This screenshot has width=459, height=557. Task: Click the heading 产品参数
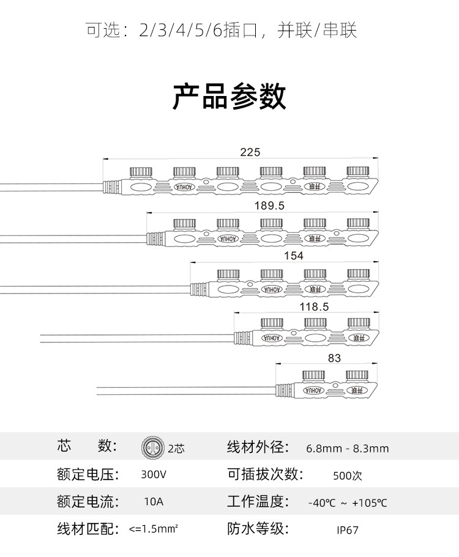point(229,97)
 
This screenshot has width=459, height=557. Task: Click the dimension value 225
point(250,153)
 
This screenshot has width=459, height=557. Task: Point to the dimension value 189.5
point(269,206)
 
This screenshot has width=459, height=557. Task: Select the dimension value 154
point(294,256)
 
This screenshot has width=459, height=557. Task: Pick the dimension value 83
point(334,358)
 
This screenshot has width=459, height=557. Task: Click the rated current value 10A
point(154,503)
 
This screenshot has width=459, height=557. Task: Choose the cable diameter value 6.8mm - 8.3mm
point(347,448)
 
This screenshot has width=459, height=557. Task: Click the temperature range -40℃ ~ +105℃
point(347,503)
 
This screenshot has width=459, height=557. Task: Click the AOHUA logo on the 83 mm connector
point(313,389)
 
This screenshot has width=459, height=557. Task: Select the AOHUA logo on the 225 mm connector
point(184,186)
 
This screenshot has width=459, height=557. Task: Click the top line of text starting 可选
point(221,30)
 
